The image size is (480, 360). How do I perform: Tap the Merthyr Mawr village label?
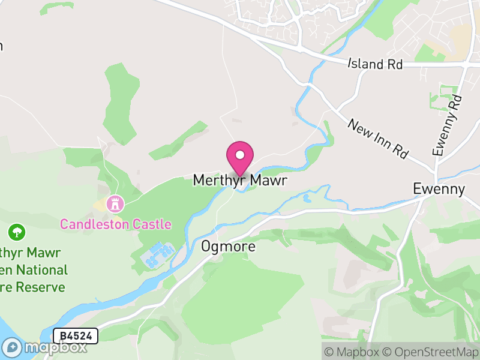pyautogui.click(x=240, y=181)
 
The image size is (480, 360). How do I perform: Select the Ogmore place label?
pyautogui.click(x=228, y=247)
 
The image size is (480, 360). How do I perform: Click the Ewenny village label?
pyautogui.click(x=439, y=189)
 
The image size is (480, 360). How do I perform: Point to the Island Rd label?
pyautogui.click(x=375, y=64)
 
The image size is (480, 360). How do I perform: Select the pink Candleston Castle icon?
pyautogui.click(x=113, y=204)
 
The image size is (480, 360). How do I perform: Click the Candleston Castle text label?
pyautogui.click(x=115, y=225)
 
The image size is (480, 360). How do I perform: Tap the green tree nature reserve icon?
pyautogui.click(x=17, y=231)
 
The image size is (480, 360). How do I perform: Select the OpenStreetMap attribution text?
pyautogui.click(x=430, y=352)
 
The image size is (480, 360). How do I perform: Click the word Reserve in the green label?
pyautogui.click(x=40, y=287)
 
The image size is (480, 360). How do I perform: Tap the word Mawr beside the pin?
pyautogui.click(x=268, y=181)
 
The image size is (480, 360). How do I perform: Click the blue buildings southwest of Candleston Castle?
pyautogui.click(x=157, y=255)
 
